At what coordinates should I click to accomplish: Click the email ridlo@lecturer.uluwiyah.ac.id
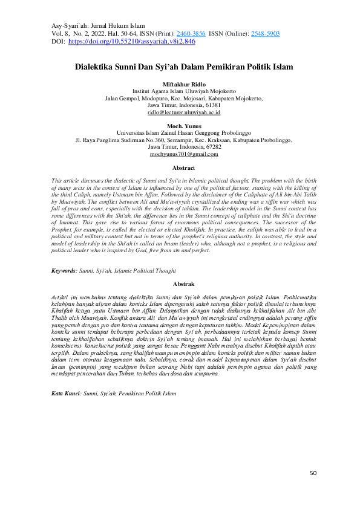(x=183, y=112)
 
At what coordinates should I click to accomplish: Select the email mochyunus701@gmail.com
(x=183, y=155)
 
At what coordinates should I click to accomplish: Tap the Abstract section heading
(x=183, y=168)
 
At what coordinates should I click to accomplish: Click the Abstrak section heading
(x=183, y=284)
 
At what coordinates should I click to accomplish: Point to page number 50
(x=313, y=473)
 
